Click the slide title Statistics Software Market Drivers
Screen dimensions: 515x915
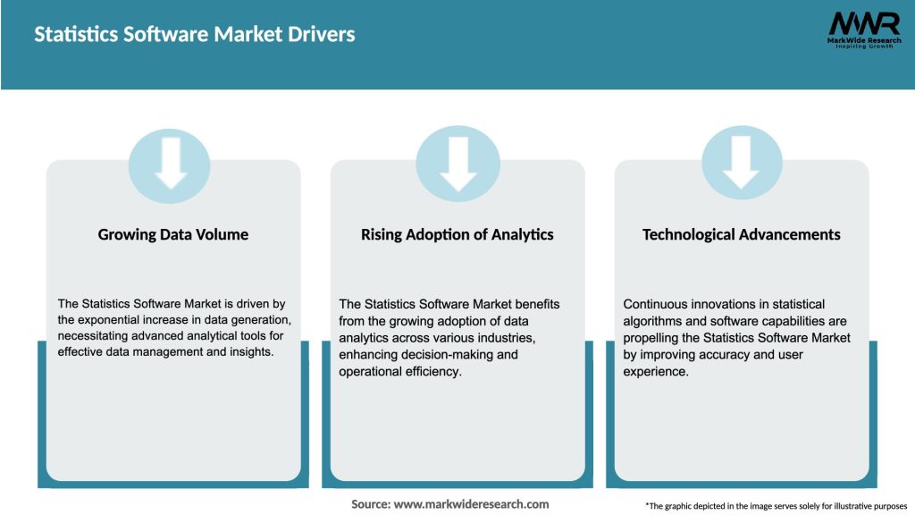tap(194, 35)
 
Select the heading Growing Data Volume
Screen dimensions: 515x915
tap(173, 234)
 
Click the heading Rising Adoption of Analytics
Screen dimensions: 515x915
tap(457, 234)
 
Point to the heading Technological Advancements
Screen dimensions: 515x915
tap(742, 234)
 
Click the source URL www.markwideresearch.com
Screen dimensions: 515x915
tap(471, 504)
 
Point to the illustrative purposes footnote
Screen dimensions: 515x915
tap(776, 506)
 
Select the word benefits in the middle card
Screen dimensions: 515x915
tap(535, 305)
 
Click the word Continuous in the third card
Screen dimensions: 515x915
tap(655, 305)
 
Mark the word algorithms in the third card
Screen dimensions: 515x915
tap(653, 321)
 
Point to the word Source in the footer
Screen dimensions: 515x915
tap(370, 504)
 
